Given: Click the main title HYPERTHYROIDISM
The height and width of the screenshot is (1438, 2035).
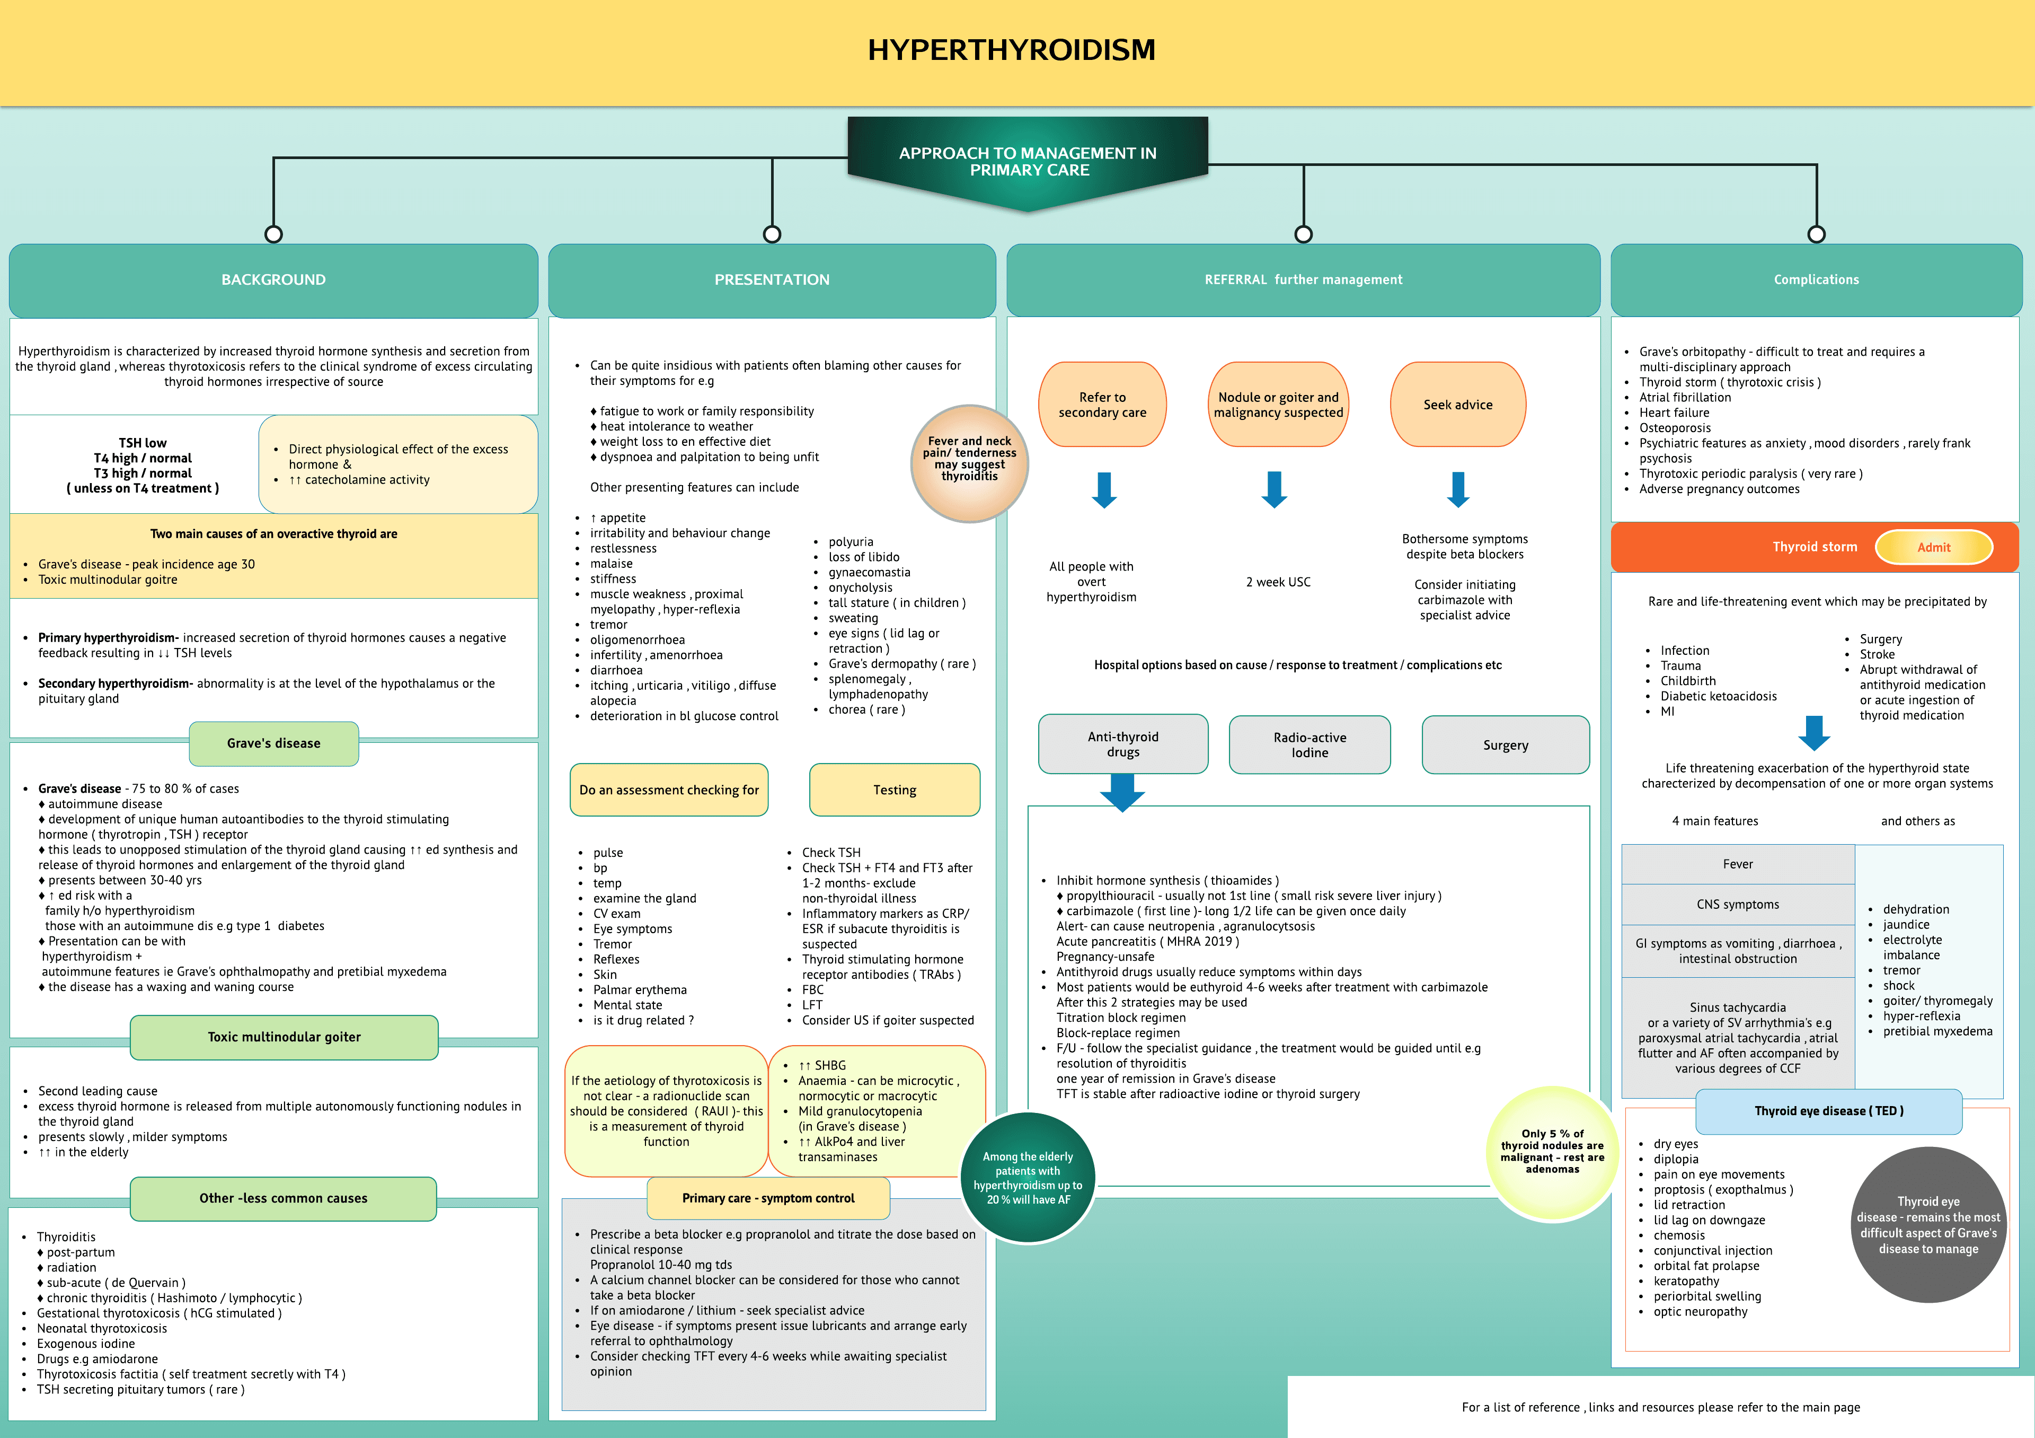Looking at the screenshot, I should click(1011, 50).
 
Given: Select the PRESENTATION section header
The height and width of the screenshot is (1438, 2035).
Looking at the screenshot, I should click(772, 280).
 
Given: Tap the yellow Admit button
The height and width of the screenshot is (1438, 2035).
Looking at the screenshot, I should click(1933, 547).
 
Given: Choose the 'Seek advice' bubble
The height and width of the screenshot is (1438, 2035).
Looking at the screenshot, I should click(1457, 405).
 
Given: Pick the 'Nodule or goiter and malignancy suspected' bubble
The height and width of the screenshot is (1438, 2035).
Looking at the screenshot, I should click(1278, 405).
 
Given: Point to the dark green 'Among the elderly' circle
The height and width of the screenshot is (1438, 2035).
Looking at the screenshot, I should click(1028, 1177).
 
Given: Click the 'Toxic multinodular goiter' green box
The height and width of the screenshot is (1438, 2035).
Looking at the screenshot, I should click(284, 1037).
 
